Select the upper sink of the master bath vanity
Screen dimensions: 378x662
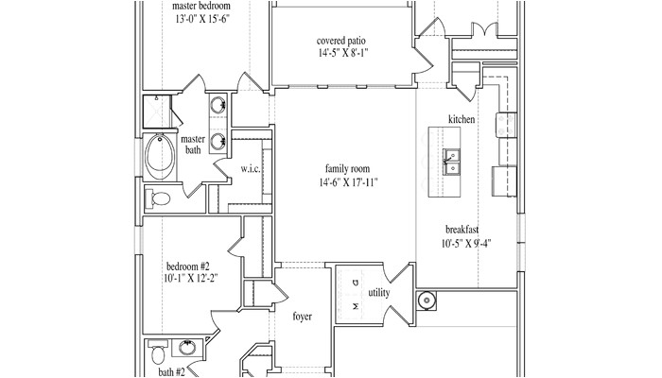click(x=217, y=104)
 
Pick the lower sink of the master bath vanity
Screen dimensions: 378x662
click(x=217, y=142)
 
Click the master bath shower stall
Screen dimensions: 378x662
click(x=155, y=112)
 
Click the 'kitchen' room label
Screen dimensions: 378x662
click(x=462, y=120)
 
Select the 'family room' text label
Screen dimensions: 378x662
click(x=346, y=168)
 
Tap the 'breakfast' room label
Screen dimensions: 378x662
click(x=463, y=230)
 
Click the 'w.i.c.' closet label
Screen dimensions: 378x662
click(x=251, y=168)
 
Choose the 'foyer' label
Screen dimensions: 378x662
click(x=303, y=317)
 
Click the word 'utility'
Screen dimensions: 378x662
click(x=379, y=294)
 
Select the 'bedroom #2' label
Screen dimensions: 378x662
click(x=188, y=266)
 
